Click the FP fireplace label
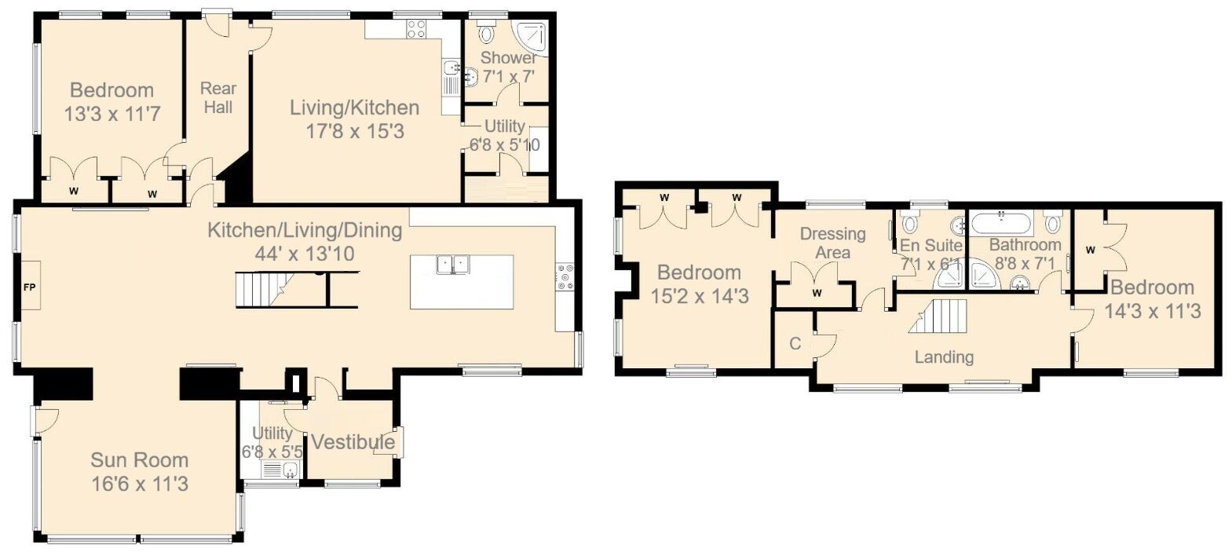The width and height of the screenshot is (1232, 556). point(29,288)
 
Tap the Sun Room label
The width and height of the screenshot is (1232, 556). point(139,460)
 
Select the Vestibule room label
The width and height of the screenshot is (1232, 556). point(353,443)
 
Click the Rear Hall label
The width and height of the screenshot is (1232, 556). point(218,98)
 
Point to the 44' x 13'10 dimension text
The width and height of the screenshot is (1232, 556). point(305,254)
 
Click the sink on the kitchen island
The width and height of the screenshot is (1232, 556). point(452,265)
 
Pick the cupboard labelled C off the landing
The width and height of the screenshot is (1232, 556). point(795,344)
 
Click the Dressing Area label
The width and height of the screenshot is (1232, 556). point(832,243)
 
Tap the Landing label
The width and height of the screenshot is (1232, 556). point(944,357)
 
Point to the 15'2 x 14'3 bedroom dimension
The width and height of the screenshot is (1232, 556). point(700,296)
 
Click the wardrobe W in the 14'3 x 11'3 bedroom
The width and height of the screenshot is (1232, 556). point(1090,251)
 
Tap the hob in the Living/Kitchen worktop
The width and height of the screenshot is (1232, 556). point(417,30)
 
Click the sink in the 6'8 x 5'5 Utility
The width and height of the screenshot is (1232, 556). point(289,471)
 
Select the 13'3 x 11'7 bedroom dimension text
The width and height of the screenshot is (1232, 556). point(112,114)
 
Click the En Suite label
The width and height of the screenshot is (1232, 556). point(931,245)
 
